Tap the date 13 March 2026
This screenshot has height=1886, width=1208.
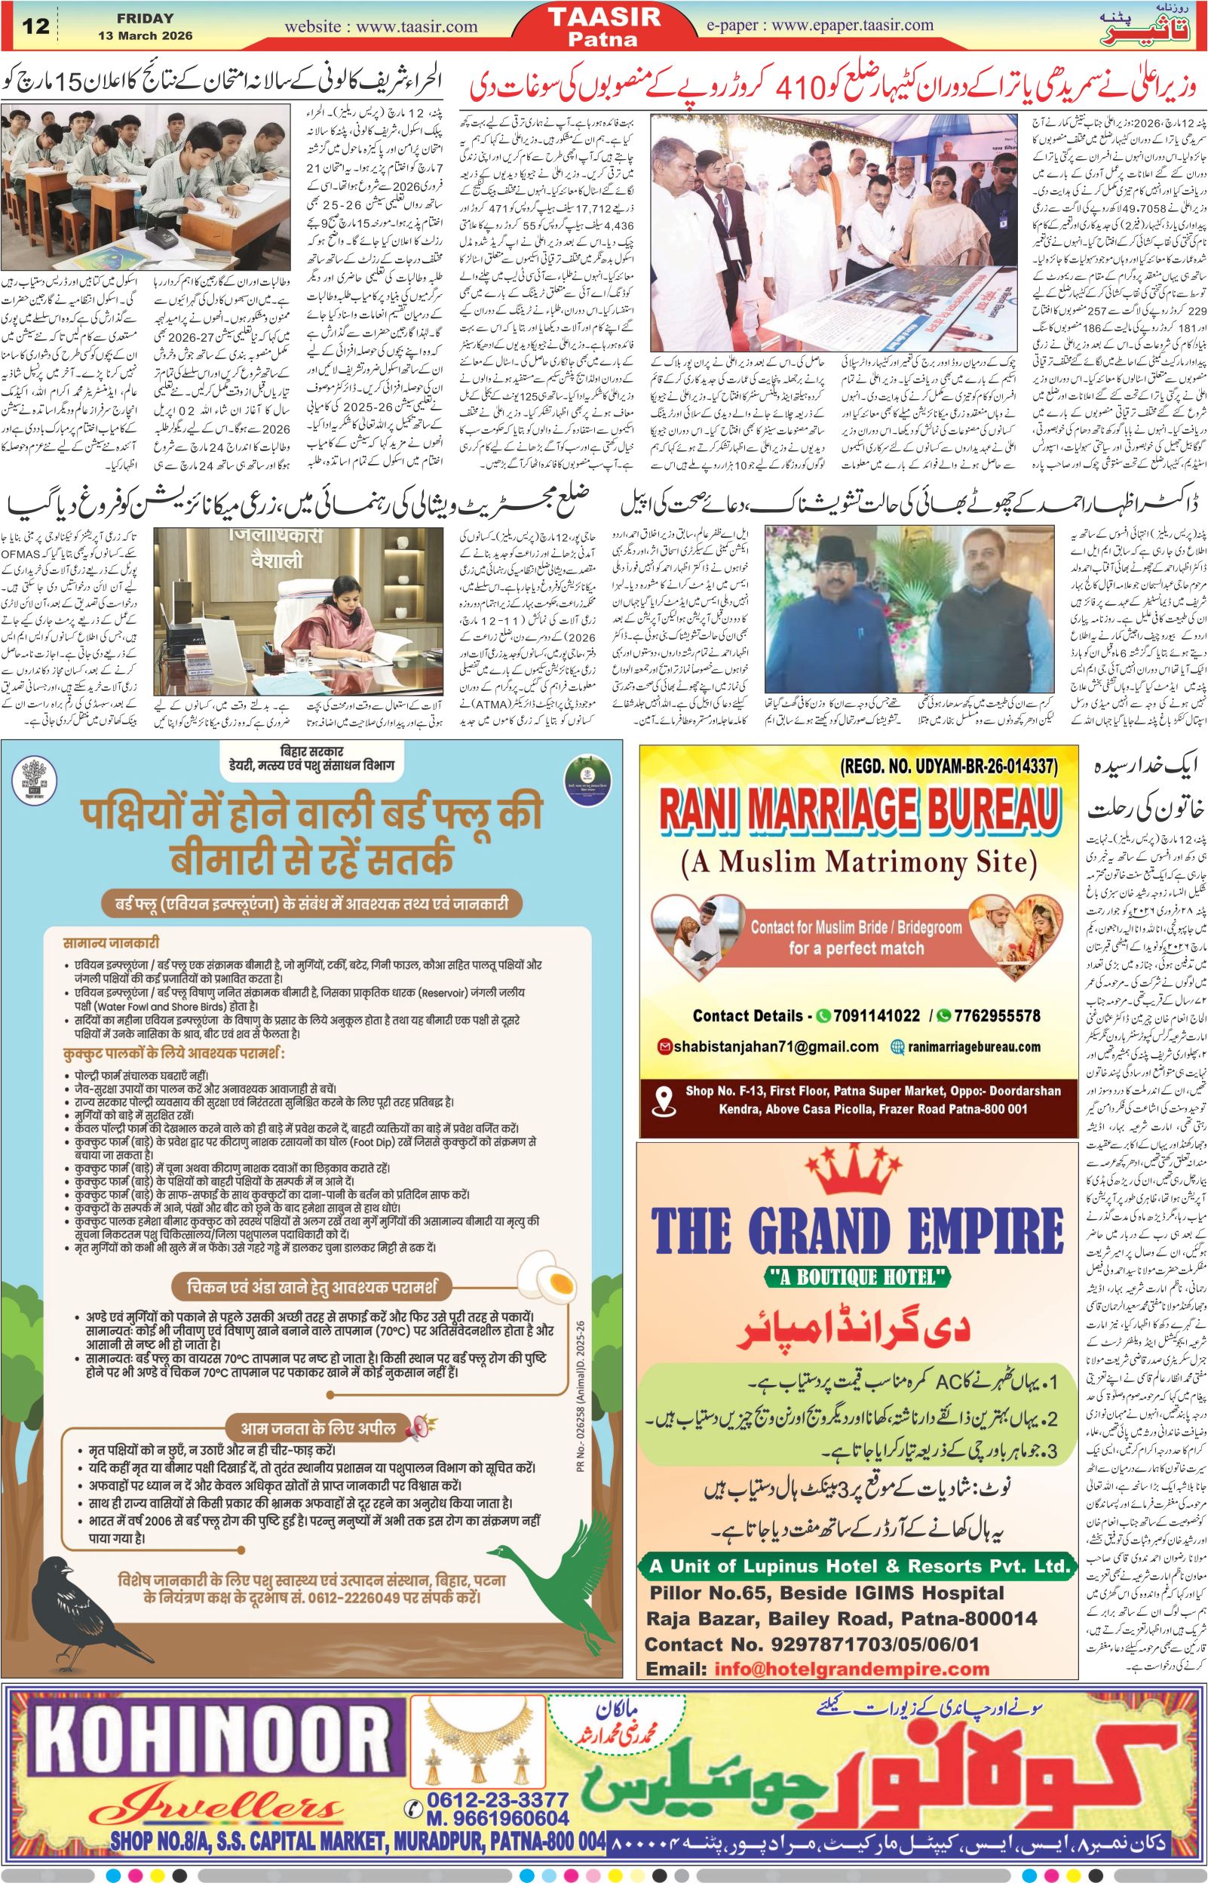point(145,36)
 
